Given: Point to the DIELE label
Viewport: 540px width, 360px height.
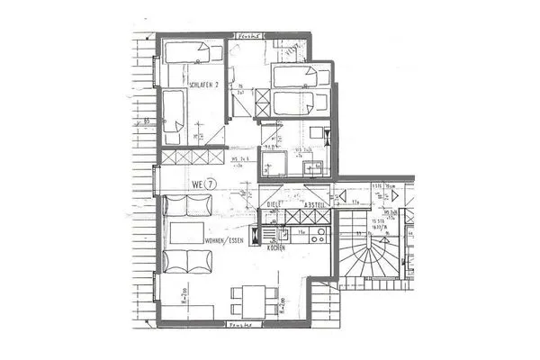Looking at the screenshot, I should (274, 204).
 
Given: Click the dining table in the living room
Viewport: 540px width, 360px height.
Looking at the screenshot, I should (249, 297).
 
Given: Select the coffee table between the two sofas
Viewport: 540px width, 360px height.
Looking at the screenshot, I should (187, 236).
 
